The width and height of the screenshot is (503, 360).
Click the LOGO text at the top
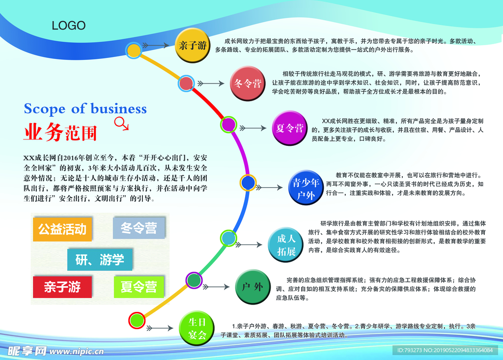tap(69, 26)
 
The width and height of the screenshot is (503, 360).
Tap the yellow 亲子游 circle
tap(193, 45)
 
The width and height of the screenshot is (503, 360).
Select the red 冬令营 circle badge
tap(248, 83)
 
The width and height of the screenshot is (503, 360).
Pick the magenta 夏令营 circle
tap(289, 128)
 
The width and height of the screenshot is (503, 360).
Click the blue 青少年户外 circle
tap(306, 188)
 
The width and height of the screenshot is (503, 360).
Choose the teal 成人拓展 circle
tap(285, 245)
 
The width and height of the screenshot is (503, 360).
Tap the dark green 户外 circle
tap(252, 286)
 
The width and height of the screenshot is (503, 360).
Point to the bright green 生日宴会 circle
tap(196, 328)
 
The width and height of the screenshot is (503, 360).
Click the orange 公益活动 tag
tap(62, 229)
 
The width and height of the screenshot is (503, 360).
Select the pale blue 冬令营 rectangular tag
tap(139, 228)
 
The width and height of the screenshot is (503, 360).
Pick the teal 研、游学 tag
tap(100, 259)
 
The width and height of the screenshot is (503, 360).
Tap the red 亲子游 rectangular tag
tap(62, 286)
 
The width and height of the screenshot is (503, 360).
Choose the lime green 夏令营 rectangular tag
tap(139, 286)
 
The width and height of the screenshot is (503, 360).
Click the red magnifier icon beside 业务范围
tap(121, 124)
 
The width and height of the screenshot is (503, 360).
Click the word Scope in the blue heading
tap(45, 109)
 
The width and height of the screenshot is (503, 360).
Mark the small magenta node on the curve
tap(228, 124)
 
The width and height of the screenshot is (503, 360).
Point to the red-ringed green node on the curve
tap(137, 320)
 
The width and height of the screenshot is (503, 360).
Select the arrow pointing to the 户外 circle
tap(216, 287)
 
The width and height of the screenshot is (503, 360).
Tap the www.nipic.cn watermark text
tap(77, 351)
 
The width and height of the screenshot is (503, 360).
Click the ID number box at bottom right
tap(445, 350)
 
